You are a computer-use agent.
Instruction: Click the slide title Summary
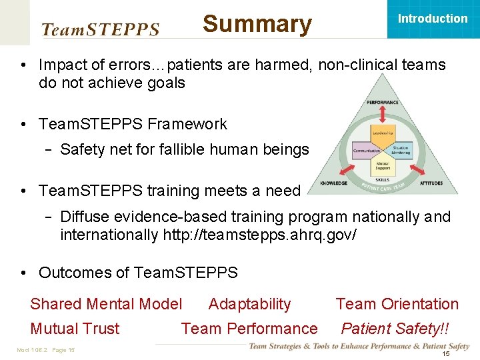coord(257,24)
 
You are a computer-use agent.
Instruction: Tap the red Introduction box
coord(432,19)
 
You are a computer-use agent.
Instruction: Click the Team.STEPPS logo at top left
coord(101,29)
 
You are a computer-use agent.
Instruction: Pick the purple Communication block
coord(365,151)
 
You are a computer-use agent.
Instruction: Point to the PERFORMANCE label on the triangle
coord(383,102)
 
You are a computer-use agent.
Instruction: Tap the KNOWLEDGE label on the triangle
coord(334,183)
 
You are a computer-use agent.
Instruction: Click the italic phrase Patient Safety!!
coord(395,329)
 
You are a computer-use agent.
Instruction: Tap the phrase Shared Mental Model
coord(106,304)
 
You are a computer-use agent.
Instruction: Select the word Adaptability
coord(249,304)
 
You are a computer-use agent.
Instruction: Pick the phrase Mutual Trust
coord(75,329)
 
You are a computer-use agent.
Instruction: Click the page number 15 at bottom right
coord(446,353)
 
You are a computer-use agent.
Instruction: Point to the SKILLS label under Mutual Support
coord(383,180)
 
